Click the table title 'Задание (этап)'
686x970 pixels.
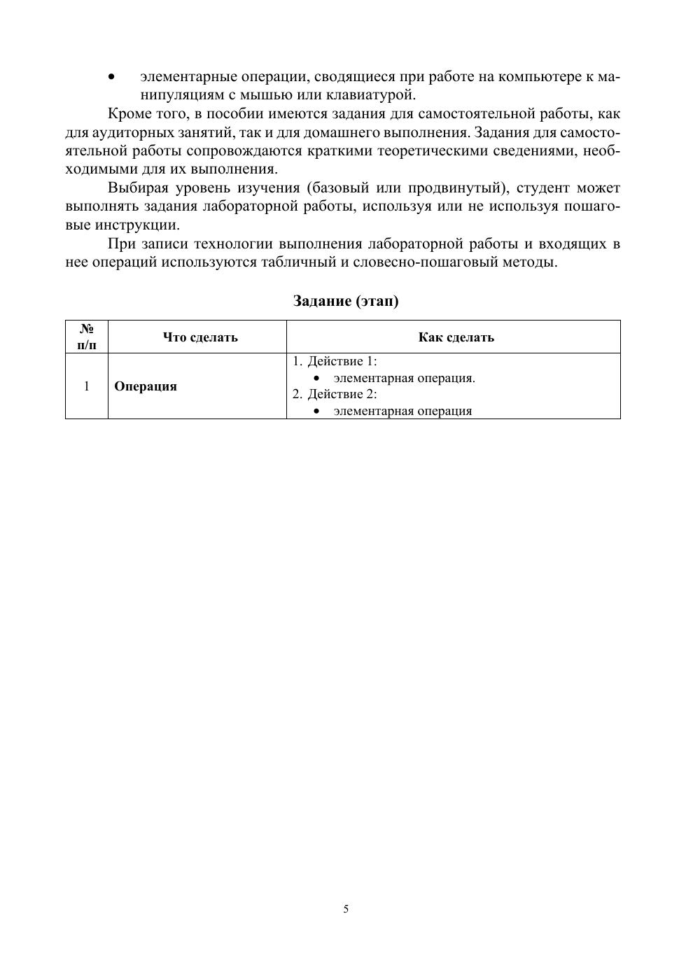tap(345, 301)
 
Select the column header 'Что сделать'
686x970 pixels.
tap(200, 337)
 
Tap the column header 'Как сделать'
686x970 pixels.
tap(456, 337)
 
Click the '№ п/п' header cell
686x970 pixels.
tap(87, 337)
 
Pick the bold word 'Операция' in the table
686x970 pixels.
tap(146, 386)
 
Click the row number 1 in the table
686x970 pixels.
tap(87, 386)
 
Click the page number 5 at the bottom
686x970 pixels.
tap(346, 909)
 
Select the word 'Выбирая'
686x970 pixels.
tap(138, 188)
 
